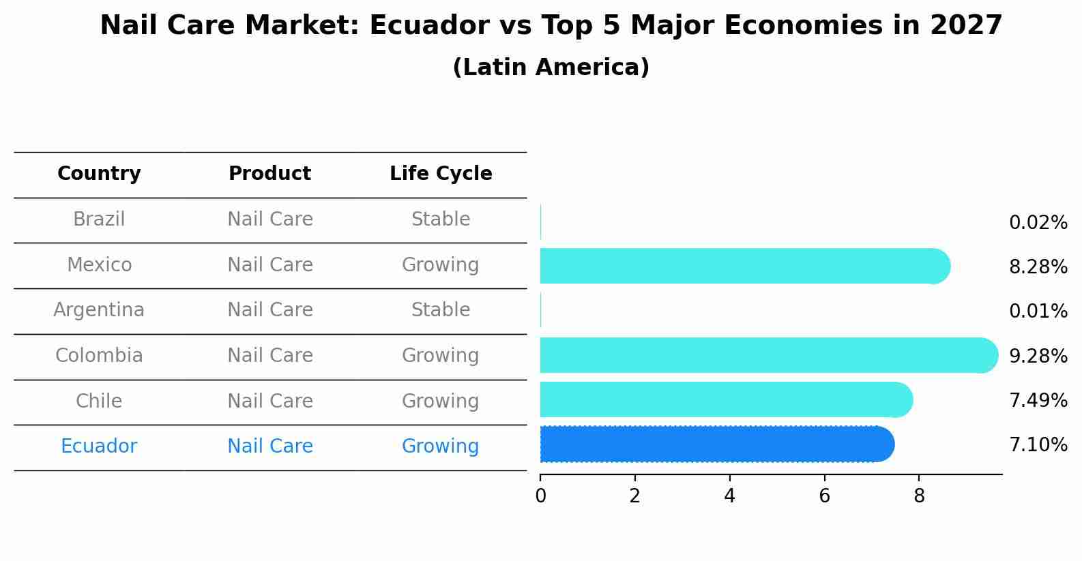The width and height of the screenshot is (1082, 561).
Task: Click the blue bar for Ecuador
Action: pos(716,444)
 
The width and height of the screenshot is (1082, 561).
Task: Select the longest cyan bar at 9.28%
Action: pos(767,355)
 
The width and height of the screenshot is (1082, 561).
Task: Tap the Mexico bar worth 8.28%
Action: pos(744,266)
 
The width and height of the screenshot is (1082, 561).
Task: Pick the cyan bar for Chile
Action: pos(725,399)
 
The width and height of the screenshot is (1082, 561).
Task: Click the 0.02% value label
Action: pos(1038,223)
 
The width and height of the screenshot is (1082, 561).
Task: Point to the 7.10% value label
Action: pos(1038,445)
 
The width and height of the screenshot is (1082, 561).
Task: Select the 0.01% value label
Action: pos(1038,312)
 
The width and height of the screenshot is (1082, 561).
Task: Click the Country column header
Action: pos(99,174)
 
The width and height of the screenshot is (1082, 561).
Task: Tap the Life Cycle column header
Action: pos(441,174)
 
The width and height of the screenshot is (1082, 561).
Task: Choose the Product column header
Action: pos(269,174)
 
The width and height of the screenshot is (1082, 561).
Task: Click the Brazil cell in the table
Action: pos(99,219)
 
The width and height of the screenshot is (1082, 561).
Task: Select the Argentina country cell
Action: pos(99,310)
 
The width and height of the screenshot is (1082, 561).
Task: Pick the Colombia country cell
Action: pos(99,356)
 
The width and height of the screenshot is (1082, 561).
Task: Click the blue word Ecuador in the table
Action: pos(99,446)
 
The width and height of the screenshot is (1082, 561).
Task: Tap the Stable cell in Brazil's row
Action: pos(441,219)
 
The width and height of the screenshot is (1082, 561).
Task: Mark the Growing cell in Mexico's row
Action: pos(441,264)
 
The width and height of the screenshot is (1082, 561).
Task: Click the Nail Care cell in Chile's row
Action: pos(269,401)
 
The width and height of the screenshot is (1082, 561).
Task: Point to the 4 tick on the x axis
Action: pos(729,496)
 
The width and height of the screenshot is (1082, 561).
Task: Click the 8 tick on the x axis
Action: pos(919,496)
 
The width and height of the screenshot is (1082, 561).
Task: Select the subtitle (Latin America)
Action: pos(551,67)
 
